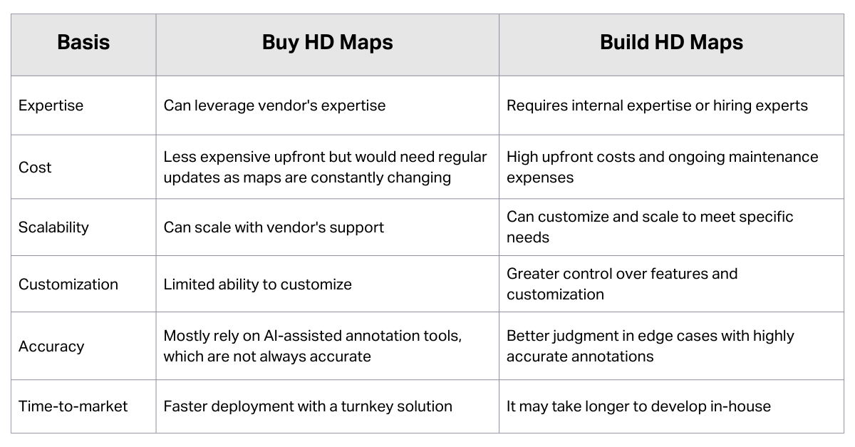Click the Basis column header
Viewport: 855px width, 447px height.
coord(83,42)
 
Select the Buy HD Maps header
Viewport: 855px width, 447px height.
coord(327,42)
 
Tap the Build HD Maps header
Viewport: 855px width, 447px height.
coord(671,42)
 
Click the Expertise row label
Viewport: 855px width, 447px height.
coord(51,106)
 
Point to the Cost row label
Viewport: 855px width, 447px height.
coord(35,168)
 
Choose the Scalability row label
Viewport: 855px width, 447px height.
coord(53,227)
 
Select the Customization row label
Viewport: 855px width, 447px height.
coord(68,284)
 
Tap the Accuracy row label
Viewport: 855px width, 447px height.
coord(51,346)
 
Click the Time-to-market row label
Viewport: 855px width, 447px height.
coord(73,406)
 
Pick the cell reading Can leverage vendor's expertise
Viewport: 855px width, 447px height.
coord(274,106)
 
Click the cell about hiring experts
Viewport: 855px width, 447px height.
coord(657,106)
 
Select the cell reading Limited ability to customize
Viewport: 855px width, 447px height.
coord(257,284)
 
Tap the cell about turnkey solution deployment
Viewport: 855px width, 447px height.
coord(308,406)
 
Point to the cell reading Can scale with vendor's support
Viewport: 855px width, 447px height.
coord(274,227)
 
